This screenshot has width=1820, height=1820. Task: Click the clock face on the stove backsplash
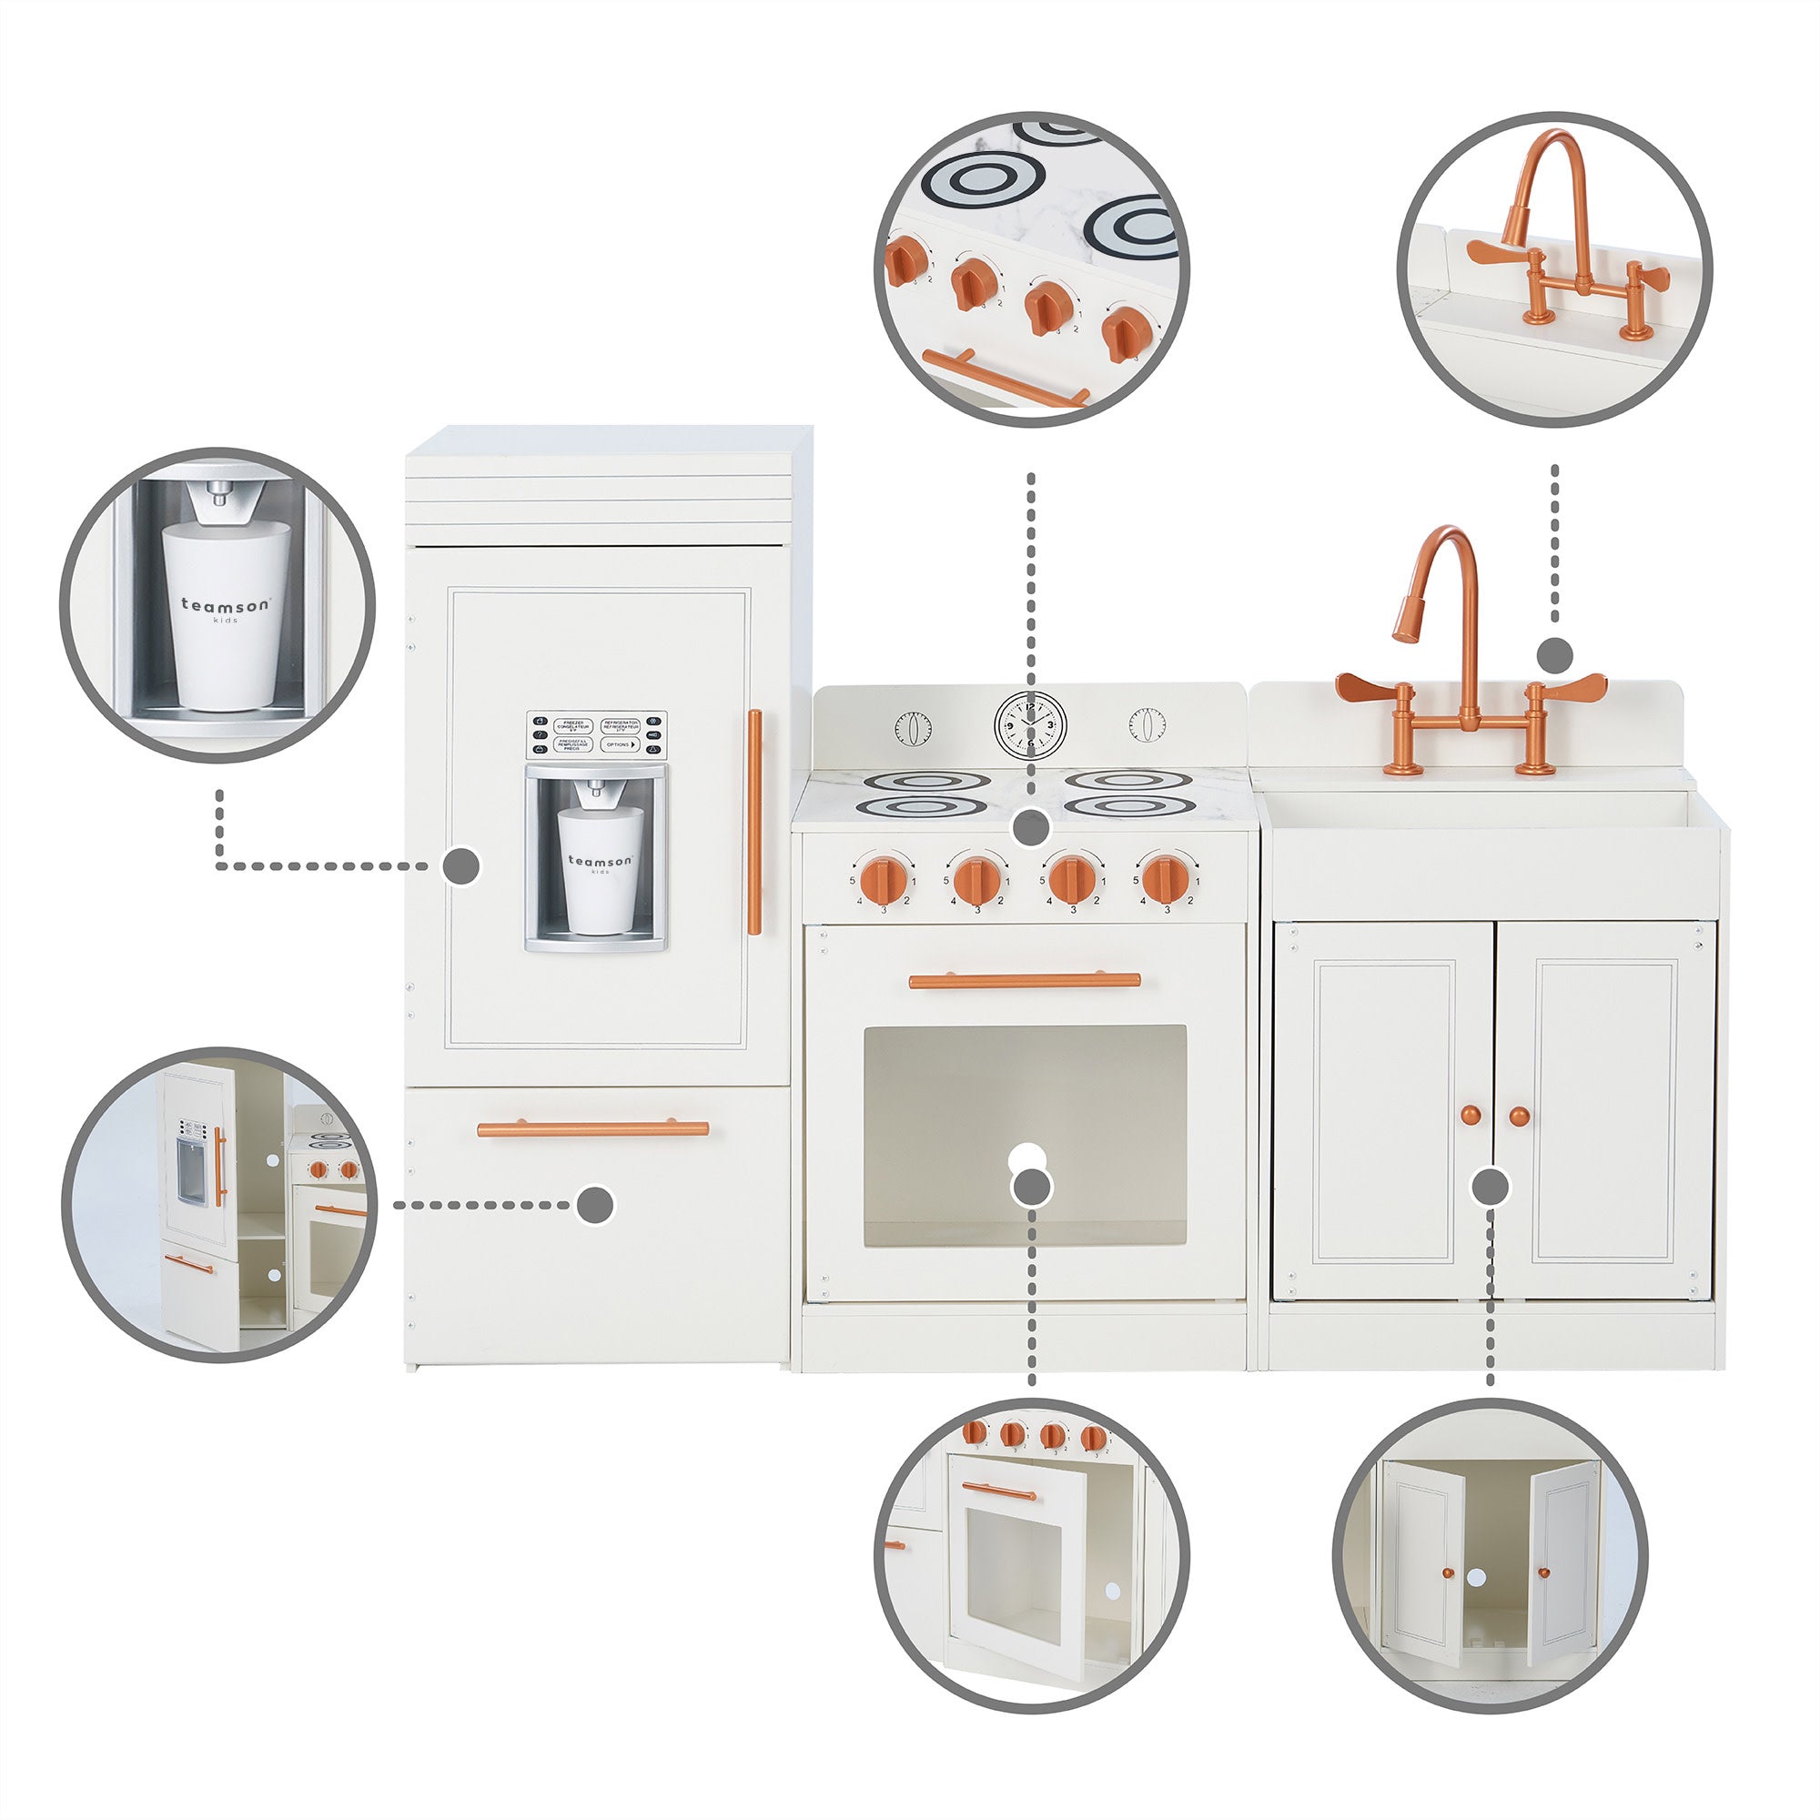click(1031, 723)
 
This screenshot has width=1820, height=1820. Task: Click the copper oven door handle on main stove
click(1024, 981)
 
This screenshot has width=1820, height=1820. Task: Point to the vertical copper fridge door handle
click(753, 822)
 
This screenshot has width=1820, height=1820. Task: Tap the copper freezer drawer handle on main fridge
click(592, 1128)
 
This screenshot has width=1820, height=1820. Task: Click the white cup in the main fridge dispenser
click(599, 869)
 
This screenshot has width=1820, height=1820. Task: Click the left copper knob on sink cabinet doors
click(1471, 1117)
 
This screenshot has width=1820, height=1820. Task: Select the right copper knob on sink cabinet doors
click(1519, 1117)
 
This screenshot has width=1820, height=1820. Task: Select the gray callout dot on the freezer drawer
click(595, 1205)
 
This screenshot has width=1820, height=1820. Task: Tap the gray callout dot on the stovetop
click(1032, 829)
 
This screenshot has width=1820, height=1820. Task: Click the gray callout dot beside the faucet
click(1554, 653)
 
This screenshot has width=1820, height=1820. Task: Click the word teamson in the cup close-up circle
click(224, 605)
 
